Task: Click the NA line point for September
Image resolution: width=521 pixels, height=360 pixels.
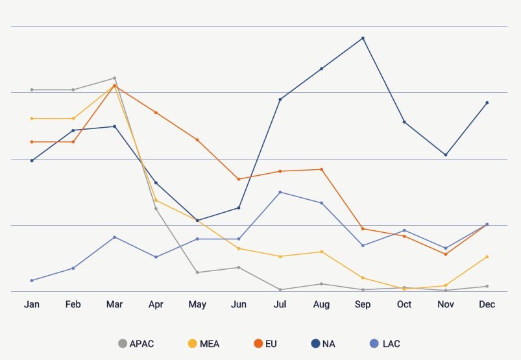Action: pos(363,38)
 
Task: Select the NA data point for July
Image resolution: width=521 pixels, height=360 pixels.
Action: pos(280,99)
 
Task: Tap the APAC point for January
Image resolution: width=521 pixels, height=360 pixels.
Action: pos(32,90)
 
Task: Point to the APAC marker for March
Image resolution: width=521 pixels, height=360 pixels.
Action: pos(114,78)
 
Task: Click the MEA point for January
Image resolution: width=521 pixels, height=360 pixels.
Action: pos(32,118)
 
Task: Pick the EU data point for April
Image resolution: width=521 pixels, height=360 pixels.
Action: pos(156,113)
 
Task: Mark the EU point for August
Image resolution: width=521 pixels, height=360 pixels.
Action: pos(321,169)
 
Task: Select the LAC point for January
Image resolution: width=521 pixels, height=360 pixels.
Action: pos(32,280)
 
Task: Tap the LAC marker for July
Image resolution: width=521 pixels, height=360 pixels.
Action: pos(280,192)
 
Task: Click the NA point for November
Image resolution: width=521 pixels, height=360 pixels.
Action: pos(446,155)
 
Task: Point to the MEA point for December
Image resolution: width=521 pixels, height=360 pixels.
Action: pos(487,257)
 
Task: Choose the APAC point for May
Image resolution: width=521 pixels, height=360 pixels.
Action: pos(197,272)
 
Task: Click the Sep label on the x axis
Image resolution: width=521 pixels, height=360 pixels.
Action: pos(363,305)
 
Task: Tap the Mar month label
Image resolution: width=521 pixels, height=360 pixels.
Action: pos(114,305)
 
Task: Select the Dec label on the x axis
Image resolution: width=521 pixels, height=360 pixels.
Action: pos(487,305)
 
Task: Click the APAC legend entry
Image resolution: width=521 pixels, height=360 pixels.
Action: pos(136,344)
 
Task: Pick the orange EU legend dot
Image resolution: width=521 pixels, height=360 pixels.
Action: pos(258,344)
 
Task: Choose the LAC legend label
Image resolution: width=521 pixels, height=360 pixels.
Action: pos(391,344)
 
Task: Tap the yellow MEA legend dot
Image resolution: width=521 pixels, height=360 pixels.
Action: pos(192,344)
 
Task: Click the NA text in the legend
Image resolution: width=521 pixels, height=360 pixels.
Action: pos(328,344)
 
